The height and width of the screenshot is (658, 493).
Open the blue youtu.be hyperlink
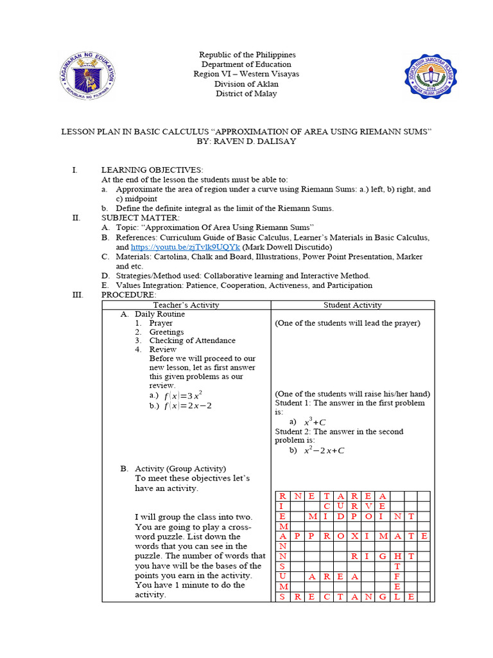pyautogui.click(x=186, y=247)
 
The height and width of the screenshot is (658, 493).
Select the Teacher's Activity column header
pyautogui.click(x=186, y=305)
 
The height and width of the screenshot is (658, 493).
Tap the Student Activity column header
pyautogui.click(x=352, y=305)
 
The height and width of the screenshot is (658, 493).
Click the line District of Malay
pyautogui.click(x=246, y=94)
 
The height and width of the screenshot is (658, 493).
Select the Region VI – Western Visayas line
pyautogui.click(x=246, y=74)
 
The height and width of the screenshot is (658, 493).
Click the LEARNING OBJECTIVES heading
pyautogui.click(x=152, y=170)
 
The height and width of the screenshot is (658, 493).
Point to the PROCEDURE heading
pyautogui.click(x=128, y=294)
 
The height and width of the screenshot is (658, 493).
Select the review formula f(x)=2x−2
pyautogui.click(x=187, y=405)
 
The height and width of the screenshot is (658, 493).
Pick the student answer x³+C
pyautogui.click(x=315, y=422)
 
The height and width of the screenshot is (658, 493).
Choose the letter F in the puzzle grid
pyautogui.click(x=397, y=576)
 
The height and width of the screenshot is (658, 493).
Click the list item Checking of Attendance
pyautogui.click(x=192, y=341)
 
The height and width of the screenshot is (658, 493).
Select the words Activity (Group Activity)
pyautogui.click(x=180, y=469)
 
